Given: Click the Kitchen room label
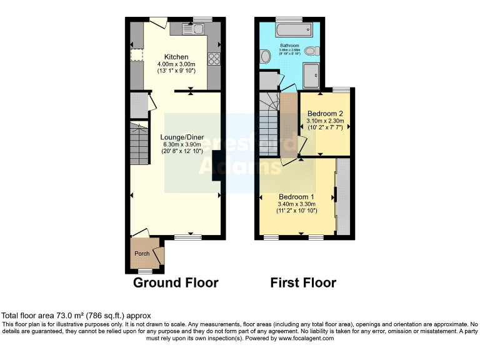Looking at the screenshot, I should point(176,57).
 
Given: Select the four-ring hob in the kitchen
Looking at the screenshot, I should point(214,59).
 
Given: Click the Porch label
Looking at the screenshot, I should point(142,254).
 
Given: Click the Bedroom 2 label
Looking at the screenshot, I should point(324,113).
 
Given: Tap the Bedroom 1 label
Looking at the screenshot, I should point(296,197).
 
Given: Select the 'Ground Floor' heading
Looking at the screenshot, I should point(176,283).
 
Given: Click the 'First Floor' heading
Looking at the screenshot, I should point(303,283).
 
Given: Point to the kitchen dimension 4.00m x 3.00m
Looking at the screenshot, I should point(176,64).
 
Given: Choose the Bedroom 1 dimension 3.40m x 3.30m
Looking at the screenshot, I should point(296,204).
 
